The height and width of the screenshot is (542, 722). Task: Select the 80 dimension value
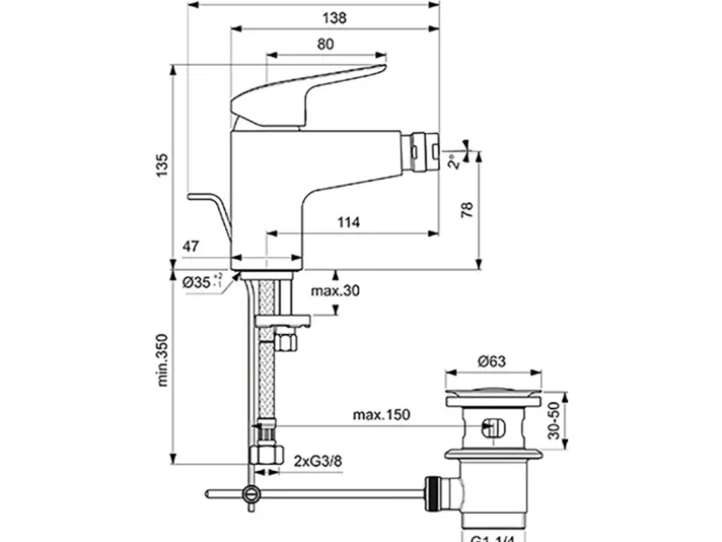[x=325, y=43]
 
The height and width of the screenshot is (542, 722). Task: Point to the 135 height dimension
[x=162, y=163]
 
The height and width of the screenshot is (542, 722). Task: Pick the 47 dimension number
[x=190, y=247]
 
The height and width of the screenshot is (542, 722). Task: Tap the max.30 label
[x=336, y=291]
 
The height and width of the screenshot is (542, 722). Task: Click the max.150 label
[x=382, y=414]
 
